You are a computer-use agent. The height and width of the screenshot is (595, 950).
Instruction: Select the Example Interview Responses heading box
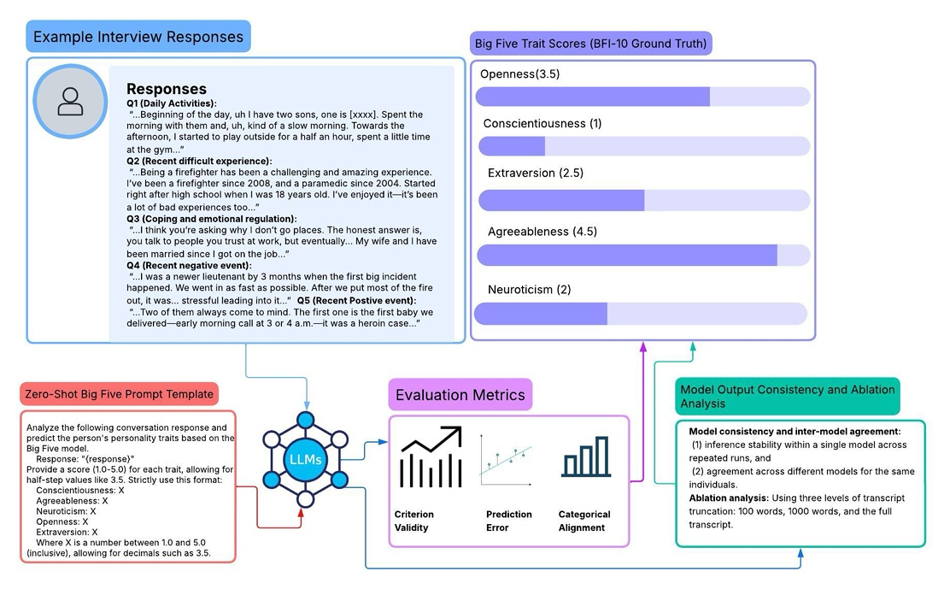138,38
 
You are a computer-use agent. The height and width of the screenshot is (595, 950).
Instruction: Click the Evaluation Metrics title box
460,395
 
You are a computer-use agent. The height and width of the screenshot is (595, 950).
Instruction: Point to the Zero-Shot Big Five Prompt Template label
119,394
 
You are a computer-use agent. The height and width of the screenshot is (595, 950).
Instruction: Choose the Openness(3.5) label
519,74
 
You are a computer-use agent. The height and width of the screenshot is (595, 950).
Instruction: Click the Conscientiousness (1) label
542,124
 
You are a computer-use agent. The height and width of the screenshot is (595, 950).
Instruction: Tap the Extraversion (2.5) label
535,174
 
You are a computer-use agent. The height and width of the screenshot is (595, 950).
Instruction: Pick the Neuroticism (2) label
529,290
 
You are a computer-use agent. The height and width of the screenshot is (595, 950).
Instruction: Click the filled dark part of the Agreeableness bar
627,255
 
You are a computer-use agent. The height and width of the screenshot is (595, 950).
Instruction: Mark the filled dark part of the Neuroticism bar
541,314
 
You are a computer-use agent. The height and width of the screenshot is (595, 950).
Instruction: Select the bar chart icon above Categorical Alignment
585,457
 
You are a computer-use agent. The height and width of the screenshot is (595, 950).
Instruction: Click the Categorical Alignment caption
584,521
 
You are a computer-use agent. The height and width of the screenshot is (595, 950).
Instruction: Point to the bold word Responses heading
167,89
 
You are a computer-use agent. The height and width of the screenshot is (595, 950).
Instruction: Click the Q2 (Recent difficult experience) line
199,161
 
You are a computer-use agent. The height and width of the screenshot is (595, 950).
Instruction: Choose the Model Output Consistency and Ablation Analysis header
786,396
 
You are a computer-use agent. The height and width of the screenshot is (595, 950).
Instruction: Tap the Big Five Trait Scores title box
590,43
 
